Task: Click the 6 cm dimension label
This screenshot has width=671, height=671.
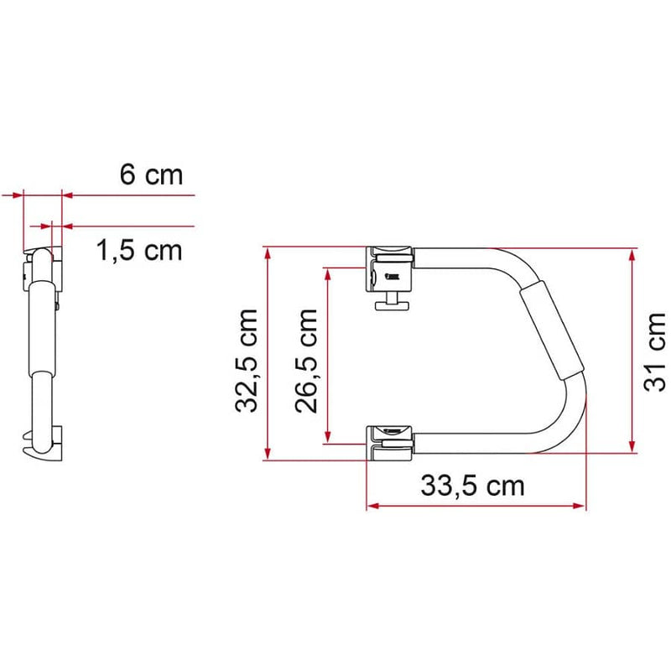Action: click(x=151, y=175)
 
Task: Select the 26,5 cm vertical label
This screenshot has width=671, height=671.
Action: click(x=306, y=361)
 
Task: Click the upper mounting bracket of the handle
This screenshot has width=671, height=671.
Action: click(x=390, y=268)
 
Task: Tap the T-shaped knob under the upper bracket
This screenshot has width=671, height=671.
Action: click(x=392, y=305)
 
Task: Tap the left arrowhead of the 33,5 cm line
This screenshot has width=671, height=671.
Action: click(x=372, y=506)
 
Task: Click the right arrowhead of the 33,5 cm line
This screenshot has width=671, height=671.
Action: click(x=580, y=506)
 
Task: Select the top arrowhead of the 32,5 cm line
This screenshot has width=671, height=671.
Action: click(x=268, y=252)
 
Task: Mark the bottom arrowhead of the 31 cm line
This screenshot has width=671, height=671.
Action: click(x=631, y=445)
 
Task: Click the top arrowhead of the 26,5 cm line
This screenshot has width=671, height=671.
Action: click(x=327, y=273)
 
